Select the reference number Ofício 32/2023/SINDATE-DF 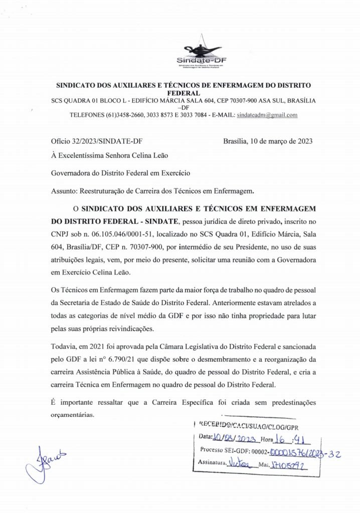click(100, 141)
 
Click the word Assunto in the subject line click(64, 191)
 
